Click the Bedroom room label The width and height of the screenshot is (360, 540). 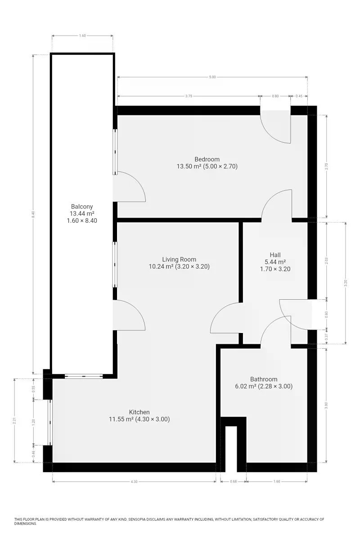point(207,159)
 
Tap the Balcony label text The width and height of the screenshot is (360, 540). point(82,207)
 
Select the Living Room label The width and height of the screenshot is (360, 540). point(179,259)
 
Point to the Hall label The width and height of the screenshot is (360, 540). point(275,255)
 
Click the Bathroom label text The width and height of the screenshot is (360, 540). point(264,379)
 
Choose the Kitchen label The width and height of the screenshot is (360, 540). point(139,412)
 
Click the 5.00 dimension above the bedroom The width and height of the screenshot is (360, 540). point(212,77)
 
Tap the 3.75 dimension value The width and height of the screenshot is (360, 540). point(189,96)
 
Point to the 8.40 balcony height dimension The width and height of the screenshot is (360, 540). point(33,214)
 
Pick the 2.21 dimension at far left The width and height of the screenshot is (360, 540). point(14,420)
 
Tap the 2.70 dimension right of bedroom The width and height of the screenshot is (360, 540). point(327,166)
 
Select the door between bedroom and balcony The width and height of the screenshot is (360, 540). point(129,186)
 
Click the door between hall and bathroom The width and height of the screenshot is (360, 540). point(276,330)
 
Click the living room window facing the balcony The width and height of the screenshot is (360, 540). point(115,265)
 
